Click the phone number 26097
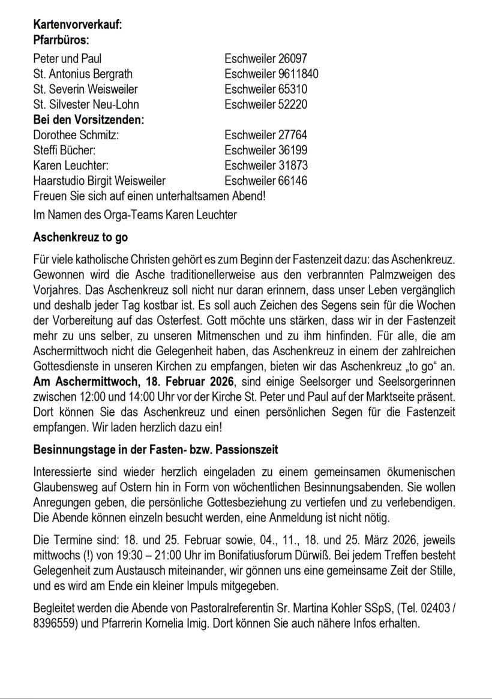293,59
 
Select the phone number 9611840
298,74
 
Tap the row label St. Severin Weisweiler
85,89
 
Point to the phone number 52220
293,104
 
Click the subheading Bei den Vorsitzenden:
89,119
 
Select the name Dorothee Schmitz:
76,135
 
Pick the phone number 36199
293,150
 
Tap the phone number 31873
293,165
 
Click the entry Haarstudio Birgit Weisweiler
100,181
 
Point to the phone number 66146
293,181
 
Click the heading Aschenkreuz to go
80,238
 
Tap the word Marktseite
372,397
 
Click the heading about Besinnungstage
155,449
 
